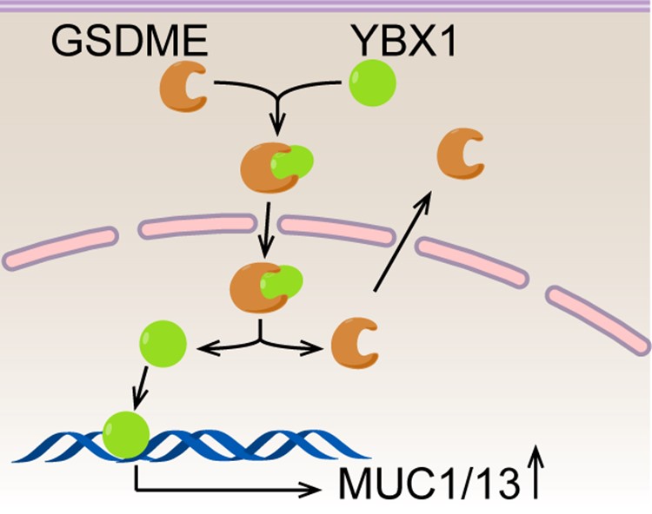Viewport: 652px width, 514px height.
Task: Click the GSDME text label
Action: tap(130, 41)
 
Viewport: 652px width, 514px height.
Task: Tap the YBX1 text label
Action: tap(403, 40)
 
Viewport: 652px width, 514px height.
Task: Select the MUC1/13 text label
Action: tap(429, 484)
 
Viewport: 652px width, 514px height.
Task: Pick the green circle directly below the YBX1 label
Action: tap(372, 83)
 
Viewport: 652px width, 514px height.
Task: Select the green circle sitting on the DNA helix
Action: tap(126, 435)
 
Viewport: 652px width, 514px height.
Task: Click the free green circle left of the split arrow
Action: tap(163, 344)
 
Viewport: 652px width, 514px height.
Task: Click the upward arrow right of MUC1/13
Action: tap(537, 472)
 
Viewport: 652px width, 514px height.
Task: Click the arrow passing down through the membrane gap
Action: tap(266, 229)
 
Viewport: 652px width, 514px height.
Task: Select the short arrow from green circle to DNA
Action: tap(141, 387)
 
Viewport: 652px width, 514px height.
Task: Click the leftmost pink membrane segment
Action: tap(60, 248)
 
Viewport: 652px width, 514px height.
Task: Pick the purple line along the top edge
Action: tap(326, 6)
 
